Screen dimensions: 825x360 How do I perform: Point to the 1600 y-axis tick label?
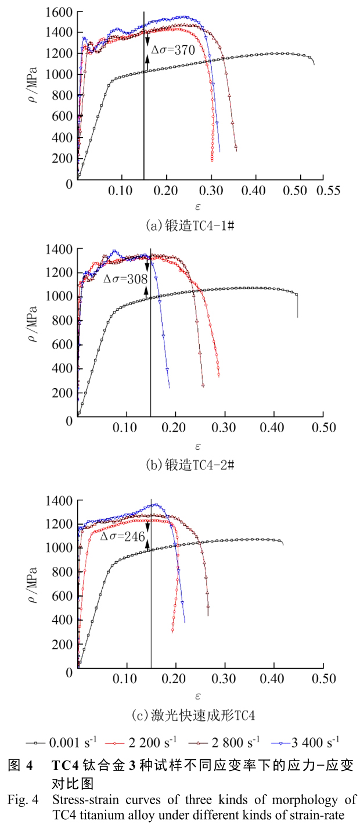pyautogui.click(x=60, y=12)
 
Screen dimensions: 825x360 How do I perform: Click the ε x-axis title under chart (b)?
pyautogui.click(x=197, y=446)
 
